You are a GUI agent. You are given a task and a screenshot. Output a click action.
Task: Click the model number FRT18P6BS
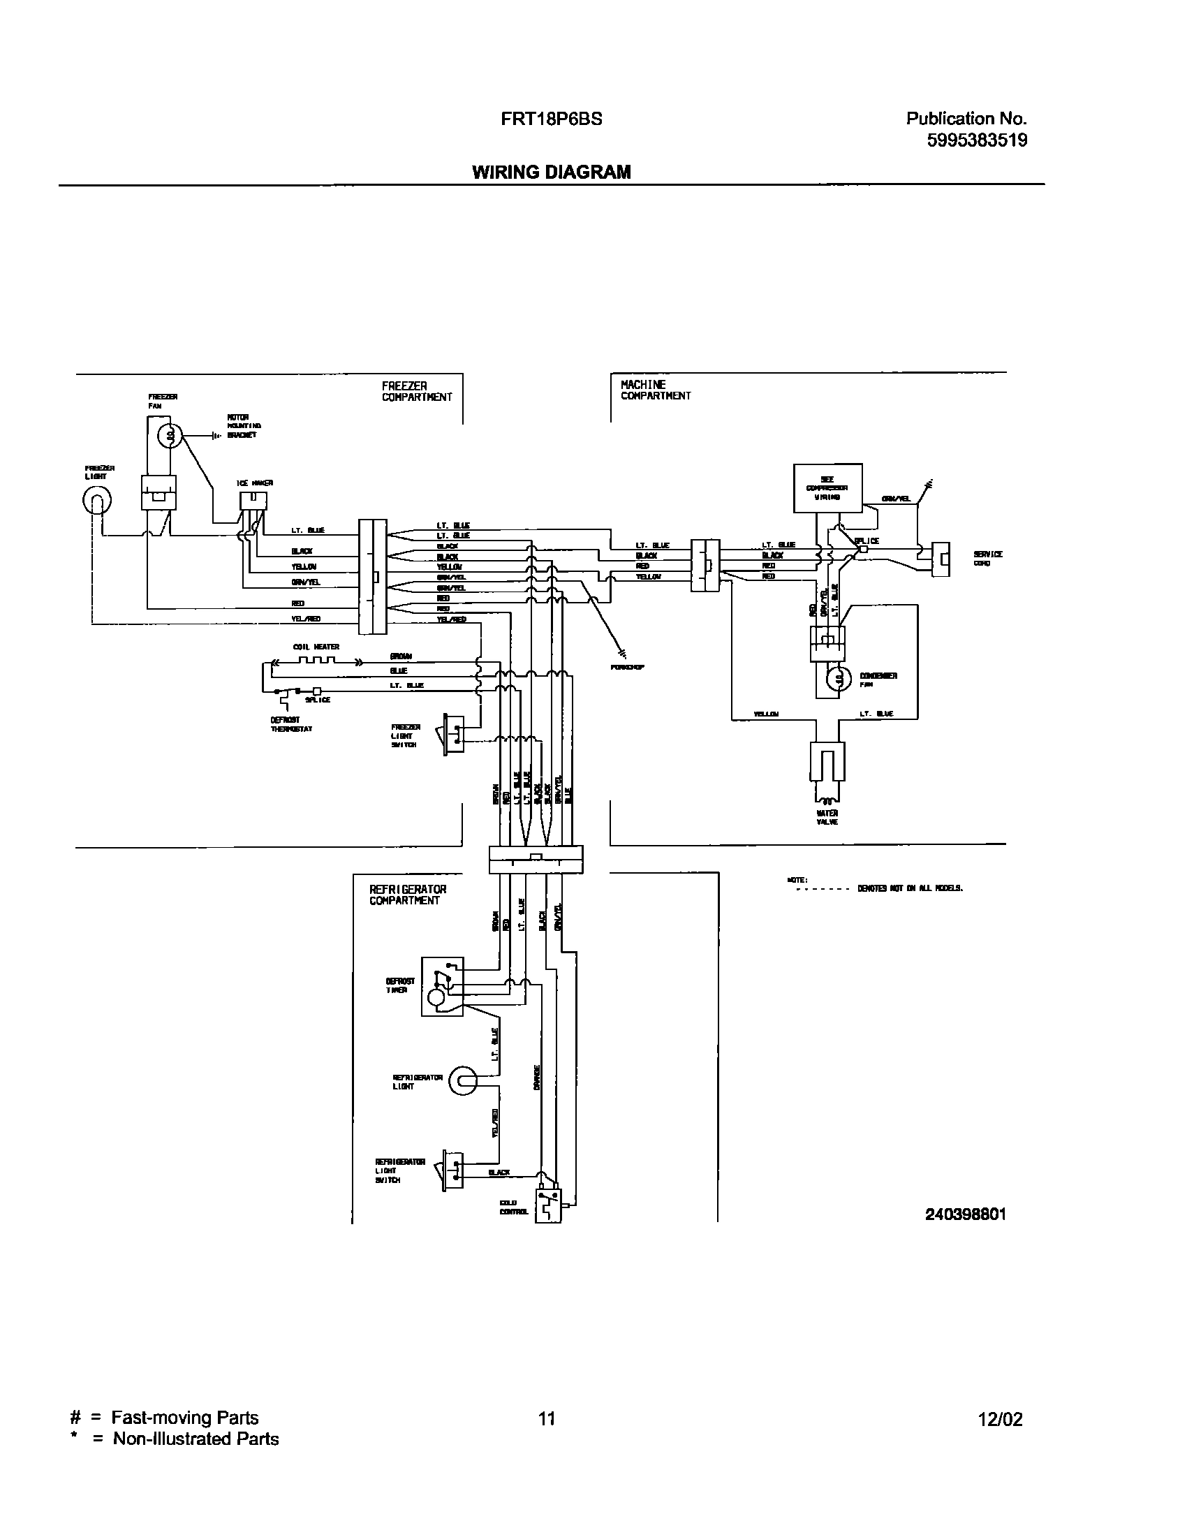pos(551,119)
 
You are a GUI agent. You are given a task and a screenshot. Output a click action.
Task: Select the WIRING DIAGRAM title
pos(551,172)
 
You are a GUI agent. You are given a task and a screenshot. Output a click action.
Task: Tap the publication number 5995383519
pos(977,140)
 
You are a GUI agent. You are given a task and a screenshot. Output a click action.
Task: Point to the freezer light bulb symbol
pos(98,500)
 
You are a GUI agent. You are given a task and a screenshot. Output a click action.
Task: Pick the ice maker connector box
pos(253,500)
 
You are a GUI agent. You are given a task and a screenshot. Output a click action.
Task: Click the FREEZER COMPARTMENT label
pos(416,392)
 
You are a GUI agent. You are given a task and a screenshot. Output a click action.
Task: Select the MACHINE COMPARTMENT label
pos(655,390)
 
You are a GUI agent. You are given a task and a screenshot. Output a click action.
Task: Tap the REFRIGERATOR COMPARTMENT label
pos(408,895)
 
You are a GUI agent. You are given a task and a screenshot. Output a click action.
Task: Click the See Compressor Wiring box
pos(827,488)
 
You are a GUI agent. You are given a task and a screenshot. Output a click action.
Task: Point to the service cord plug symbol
pos(941,559)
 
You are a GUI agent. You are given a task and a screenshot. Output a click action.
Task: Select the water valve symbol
pos(827,768)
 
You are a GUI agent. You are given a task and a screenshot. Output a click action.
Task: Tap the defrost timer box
pos(441,986)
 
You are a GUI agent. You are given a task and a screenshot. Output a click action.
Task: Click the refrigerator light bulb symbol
pos(462,1082)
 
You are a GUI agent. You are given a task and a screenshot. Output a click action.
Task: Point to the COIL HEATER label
pos(316,647)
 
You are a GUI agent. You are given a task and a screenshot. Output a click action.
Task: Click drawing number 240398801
pos(965,1214)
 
